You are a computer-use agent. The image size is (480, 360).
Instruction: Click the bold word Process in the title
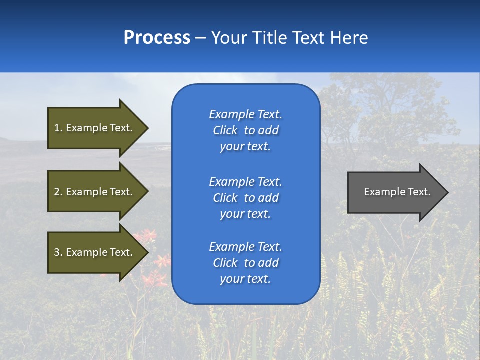(157, 38)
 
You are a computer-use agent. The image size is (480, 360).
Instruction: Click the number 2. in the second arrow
(58, 192)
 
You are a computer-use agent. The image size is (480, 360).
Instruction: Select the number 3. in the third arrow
(58, 252)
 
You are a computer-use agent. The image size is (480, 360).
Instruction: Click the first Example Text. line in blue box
(245, 114)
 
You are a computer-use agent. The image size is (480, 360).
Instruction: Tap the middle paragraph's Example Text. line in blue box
(245, 181)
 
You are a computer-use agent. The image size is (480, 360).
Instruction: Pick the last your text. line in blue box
(245, 279)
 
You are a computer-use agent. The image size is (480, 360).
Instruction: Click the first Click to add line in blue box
(245, 130)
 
